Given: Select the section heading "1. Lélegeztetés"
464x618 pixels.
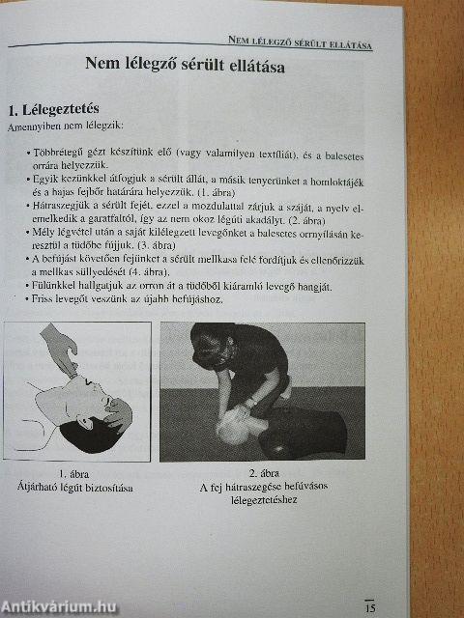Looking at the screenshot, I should tap(54, 109).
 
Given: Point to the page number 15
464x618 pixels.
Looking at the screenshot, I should tap(369, 607).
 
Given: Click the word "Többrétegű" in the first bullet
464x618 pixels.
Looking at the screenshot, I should tap(57, 154).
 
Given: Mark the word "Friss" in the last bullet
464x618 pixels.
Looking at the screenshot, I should tap(44, 300).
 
